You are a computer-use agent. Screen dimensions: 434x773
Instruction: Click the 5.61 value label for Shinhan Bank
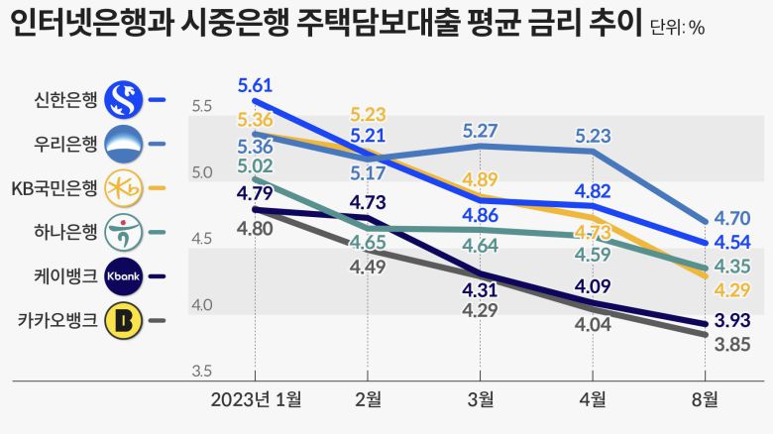pyautogui.click(x=255, y=84)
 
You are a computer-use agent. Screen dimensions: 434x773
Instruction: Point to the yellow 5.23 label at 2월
pyautogui.click(x=368, y=114)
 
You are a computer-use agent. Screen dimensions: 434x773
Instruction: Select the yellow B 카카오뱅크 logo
pyautogui.click(x=125, y=320)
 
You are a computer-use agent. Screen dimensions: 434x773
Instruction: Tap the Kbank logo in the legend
pyautogui.click(x=125, y=276)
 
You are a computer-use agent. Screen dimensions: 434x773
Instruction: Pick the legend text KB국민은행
pyautogui.click(x=54, y=187)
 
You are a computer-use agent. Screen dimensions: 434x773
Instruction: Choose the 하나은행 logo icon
pyautogui.click(x=125, y=232)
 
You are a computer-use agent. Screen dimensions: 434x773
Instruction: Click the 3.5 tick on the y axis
pyautogui.click(x=201, y=372)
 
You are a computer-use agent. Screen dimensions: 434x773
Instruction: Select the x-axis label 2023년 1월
pyautogui.click(x=255, y=399)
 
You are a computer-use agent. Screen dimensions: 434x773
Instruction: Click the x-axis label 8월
pyautogui.click(x=705, y=399)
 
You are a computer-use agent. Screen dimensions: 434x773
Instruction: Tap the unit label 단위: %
pyautogui.click(x=678, y=28)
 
